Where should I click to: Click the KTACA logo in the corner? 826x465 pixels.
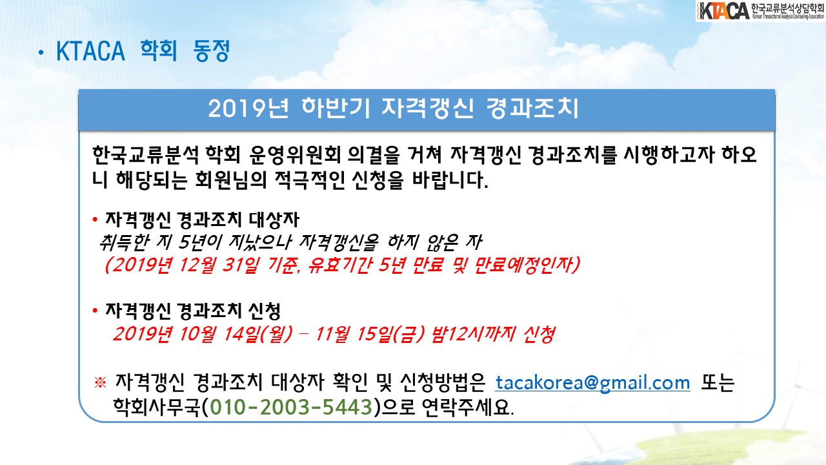tap(760, 11)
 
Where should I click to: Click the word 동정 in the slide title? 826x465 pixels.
tap(212, 50)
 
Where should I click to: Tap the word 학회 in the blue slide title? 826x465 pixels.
tap(159, 50)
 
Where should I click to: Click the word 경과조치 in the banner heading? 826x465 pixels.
tap(532, 108)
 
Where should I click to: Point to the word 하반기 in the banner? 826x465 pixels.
tap(336, 108)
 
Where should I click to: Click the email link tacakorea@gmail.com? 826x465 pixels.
tap(592, 383)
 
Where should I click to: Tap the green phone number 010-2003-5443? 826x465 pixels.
tap(291, 407)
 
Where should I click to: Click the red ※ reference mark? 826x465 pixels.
tap(100, 382)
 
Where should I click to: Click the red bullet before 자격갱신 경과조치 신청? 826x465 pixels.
tap(95, 311)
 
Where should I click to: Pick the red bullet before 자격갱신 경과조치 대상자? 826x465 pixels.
tap(95, 220)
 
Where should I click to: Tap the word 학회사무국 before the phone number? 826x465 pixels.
tap(157, 407)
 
